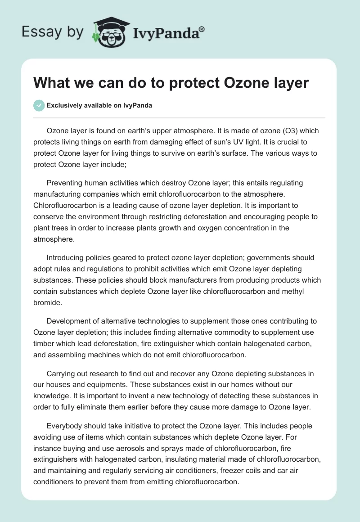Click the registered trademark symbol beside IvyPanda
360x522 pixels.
pos(202,29)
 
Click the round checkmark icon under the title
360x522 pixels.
pos(39,105)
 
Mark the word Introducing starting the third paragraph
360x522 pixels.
pos(67,258)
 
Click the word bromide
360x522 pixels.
pos(47,303)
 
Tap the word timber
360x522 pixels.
pos(44,344)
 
